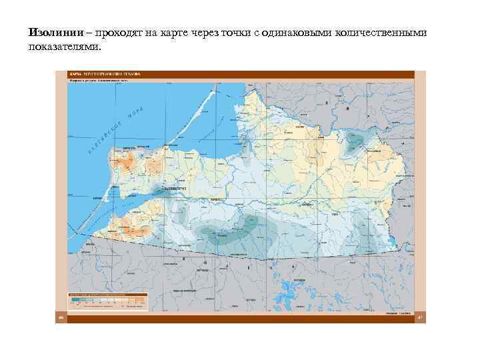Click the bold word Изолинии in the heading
pos(56,33)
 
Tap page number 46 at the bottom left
pos(61,317)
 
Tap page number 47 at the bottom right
pos(419,317)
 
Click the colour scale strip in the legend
pos(107,300)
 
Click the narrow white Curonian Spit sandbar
pos(187,127)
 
